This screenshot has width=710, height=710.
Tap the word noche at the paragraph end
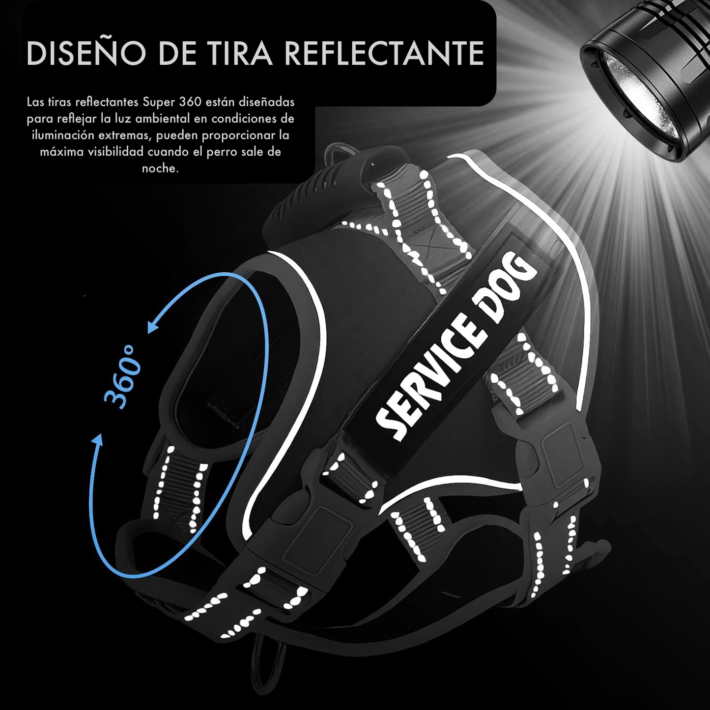160,169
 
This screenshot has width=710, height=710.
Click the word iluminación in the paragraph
62,136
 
